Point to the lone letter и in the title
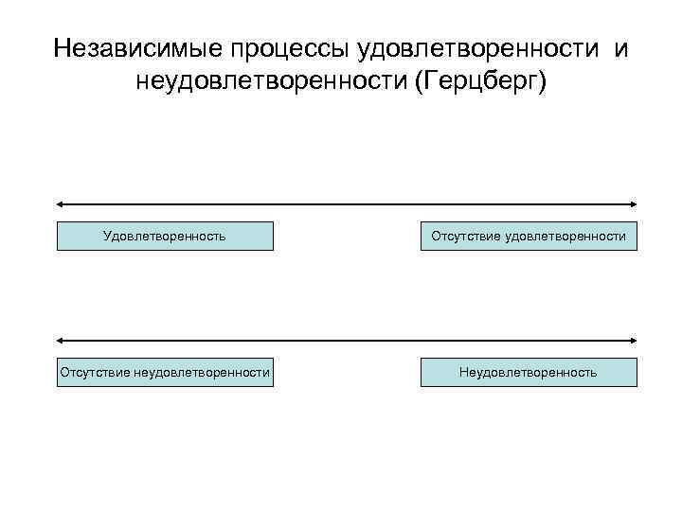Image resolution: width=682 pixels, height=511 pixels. [x=620, y=47]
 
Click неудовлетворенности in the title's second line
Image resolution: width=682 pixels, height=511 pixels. [x=272, y=85]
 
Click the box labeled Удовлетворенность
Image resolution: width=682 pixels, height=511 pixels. [x=165, y=236]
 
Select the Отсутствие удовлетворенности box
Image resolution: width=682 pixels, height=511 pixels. [x=529, y=236]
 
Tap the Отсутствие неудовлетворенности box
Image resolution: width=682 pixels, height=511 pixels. [x=165, y=372]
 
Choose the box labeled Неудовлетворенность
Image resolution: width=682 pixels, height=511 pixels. [x=529, y=372]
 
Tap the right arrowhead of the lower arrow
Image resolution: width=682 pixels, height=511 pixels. [x=634, y=340]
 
